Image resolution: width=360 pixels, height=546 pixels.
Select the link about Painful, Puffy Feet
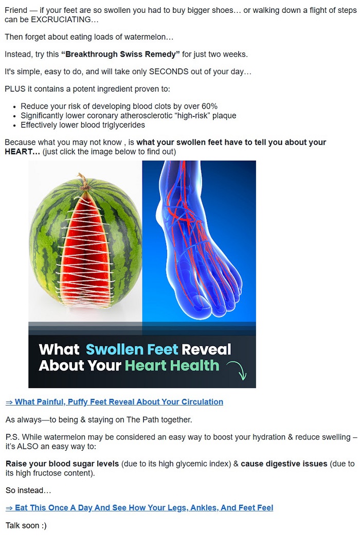pos(114,402)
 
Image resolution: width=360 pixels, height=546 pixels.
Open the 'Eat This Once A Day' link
pos(139,508)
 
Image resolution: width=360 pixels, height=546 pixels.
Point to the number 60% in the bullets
pos(209,106)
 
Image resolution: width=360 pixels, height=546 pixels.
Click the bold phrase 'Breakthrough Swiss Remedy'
pos(120,55)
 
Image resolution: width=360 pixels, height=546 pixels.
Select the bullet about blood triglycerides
pos(83,125)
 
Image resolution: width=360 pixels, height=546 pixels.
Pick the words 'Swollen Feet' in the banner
pos(132,349)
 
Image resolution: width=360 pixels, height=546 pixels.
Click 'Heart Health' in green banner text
pos(172,365)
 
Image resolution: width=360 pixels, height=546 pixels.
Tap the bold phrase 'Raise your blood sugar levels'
pos(62,464)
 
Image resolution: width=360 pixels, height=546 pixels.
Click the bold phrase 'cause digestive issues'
pos(284,464)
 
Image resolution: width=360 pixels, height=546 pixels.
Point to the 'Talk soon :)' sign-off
pos(26,525)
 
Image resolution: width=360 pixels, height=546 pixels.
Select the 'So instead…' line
pos(28,490)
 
